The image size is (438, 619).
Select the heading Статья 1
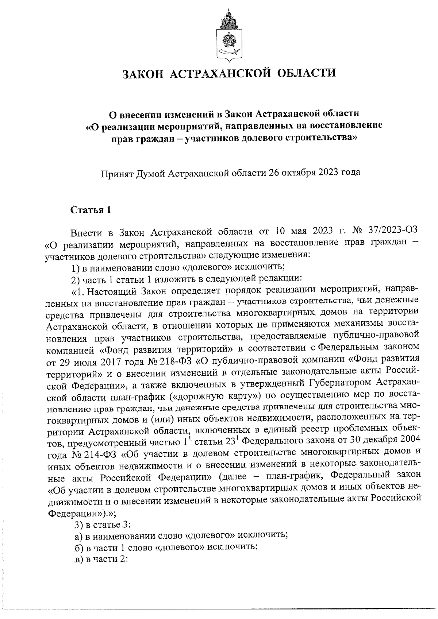tap(90, 210)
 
